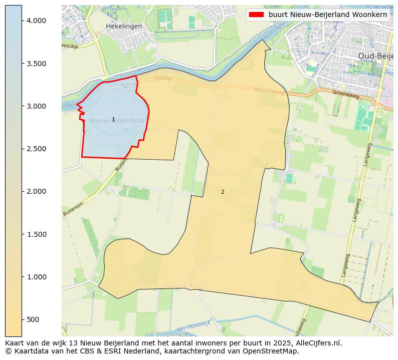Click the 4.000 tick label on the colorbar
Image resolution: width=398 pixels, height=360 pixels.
click(36, 21)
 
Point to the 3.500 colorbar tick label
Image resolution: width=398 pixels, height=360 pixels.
click(36, 64)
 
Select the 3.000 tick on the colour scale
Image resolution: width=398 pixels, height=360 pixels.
click(36, 106)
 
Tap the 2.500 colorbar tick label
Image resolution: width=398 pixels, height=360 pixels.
click(36, 149)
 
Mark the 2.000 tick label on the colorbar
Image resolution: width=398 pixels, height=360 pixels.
click(36, 191)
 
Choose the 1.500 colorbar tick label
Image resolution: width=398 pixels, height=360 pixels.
click(36, 234)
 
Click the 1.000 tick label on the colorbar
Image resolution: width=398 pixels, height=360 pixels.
click(36, 277)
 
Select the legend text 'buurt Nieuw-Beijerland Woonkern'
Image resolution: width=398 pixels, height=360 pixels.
click(328, 15)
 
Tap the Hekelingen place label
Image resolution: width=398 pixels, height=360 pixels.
click(124, 26)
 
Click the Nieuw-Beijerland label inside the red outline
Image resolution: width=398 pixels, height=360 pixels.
click(116, 121)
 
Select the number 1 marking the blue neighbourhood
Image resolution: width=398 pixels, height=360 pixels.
click(113, 119)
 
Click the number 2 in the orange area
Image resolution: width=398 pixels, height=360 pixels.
click(223, 192)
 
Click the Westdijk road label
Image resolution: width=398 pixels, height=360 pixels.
click(70, 46)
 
